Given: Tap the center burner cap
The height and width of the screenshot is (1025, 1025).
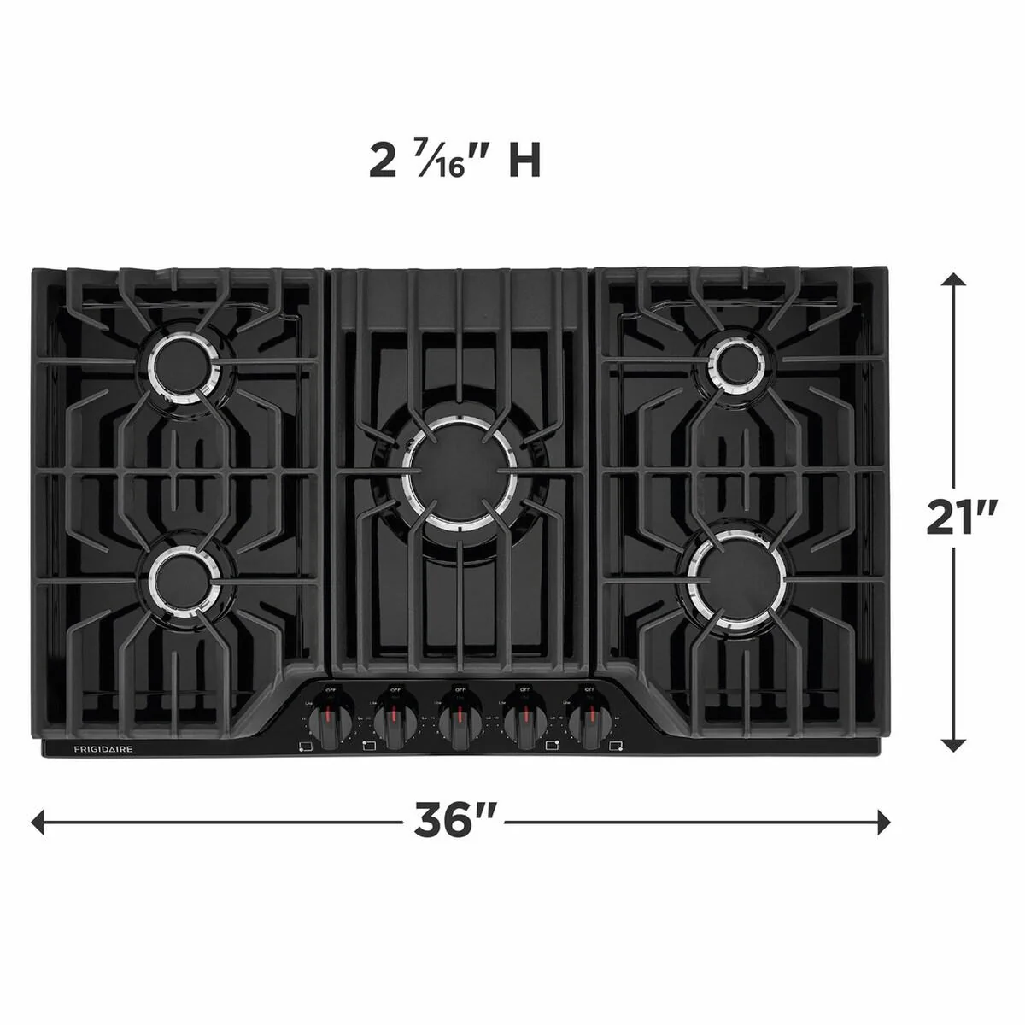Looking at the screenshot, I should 460,471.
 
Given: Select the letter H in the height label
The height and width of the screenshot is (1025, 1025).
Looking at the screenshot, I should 524,161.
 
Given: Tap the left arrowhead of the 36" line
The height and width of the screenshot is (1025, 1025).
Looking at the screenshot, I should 38,823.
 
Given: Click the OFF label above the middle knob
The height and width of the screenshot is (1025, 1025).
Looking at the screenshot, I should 460,689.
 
